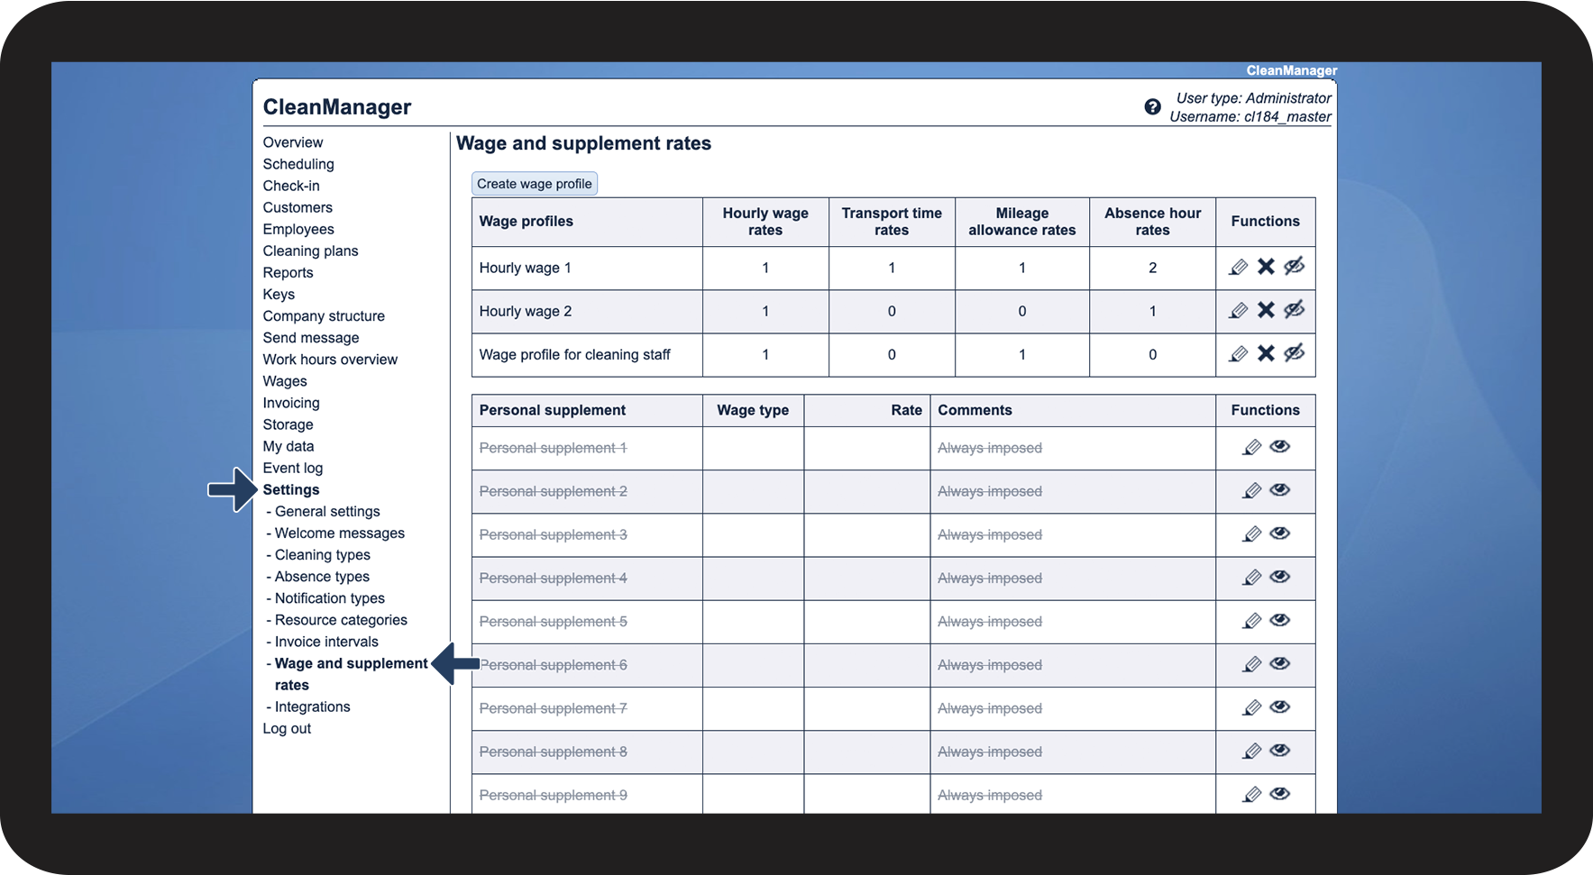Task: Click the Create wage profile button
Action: pyautogui.click(x=534, y=184)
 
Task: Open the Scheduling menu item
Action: pyautogui.click(x=298, y=164)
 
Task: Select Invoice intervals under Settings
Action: pyautogui.click(x=325, y=642)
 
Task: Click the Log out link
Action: pyautogui.click(x=287, y=728)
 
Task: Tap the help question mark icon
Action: pyautogui.click(x=1152, y=107)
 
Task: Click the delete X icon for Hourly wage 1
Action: pyautogui.click(x=1266, y=267)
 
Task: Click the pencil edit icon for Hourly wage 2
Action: pyautogui.click(x=1238, y=311)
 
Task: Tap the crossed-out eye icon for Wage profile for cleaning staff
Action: pyautogui.click(x=1294, y=353)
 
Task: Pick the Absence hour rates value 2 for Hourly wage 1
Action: pyautogui.click(x=1152, y=268)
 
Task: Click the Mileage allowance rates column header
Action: pyautogui.click(x=1021, y=222)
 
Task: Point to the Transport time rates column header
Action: pyautogui.click(x=892, y=222)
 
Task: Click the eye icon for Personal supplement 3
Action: pyautogui.click(x=1279, y=533)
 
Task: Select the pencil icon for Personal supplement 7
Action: pyautogui.click(x=1251, y=708)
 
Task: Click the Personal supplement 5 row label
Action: pyautogui.click(x=553, y=622)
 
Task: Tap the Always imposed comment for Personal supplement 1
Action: pyautogui.click(x=989, y=448)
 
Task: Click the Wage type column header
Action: pyautogui.click(x=753, y=410)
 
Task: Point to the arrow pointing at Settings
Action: pyautogui.click(x=233, y=489)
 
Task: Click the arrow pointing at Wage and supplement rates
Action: pyautogui.click(x=455, y=664)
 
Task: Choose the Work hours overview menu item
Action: pyautogui.click(x=330, y=360)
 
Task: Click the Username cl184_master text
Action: pyautogui.click(x=1250, y=117)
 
